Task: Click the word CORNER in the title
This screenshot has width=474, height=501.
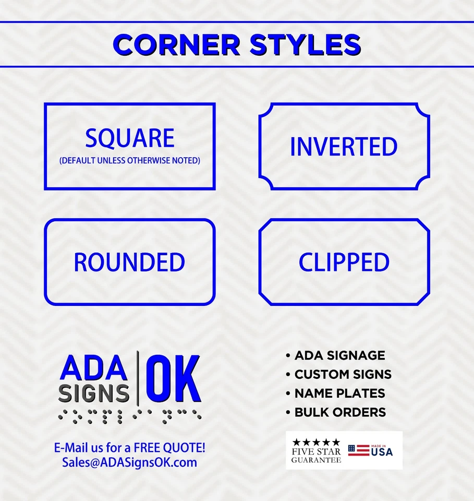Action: tap(177, 45)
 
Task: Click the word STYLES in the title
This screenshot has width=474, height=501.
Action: tap(305, 45)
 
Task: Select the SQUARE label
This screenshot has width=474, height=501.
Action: tap(130, 138)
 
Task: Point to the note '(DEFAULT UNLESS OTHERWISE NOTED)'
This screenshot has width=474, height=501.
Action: tap(130, 160)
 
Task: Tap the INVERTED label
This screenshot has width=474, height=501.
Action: tap(344, 147)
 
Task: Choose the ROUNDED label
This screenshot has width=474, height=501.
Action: tap(129, 263)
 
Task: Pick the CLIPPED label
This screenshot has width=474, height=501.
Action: tap(344, 263)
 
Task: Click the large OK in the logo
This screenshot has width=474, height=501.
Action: tap(174, 379)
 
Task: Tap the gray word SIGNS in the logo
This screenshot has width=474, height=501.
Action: tap(94, 393)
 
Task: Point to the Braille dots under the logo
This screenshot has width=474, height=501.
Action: tap(130, 416)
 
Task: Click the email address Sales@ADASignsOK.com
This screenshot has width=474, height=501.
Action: tap(130, 462)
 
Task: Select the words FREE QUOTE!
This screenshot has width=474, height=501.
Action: tap(169, 448)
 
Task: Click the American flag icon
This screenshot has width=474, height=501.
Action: tap(358, 450)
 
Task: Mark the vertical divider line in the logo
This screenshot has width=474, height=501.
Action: tap(138, 378)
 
